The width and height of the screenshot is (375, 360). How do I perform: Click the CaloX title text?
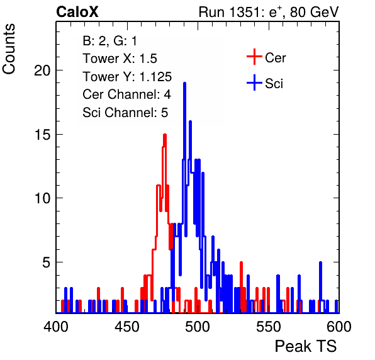point(77,12)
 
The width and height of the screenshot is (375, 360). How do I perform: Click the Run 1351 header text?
point(269,12)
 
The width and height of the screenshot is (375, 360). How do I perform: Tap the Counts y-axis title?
point(9,49)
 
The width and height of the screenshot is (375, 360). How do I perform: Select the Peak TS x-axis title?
point(306,346)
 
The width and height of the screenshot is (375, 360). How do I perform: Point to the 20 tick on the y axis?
point(42,70)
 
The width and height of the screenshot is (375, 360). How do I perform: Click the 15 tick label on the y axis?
point(42,135)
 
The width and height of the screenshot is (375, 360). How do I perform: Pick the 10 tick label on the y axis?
point(42,198)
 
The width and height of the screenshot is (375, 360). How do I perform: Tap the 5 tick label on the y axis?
point(46,262)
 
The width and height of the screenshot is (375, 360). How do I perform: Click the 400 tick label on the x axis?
point(56,326)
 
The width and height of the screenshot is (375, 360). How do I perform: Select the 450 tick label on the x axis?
point(126,326)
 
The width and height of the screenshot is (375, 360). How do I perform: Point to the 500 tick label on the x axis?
point(198,326)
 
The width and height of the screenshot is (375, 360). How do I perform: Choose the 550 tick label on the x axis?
point(268,326)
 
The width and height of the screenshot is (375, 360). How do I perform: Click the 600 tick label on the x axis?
point(339,326)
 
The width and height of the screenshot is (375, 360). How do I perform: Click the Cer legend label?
point(275,58)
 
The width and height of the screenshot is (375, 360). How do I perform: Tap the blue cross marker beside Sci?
point(254,82)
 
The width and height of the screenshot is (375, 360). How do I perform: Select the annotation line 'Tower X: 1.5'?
point(120,59)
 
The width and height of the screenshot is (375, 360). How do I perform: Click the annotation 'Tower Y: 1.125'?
point(127,77)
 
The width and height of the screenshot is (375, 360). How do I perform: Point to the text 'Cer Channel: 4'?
point(126,94)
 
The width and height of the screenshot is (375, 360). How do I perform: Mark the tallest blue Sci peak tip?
point(184,83)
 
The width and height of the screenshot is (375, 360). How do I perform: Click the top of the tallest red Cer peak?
point(165,135)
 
